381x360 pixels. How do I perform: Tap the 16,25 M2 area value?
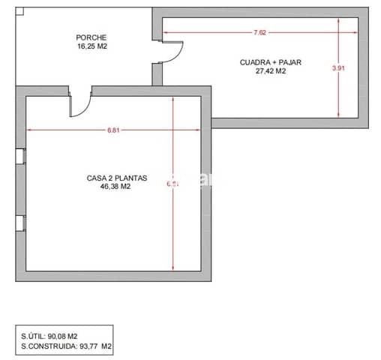91,46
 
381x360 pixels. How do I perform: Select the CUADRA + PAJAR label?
271,63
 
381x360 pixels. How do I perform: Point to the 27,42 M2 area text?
271,72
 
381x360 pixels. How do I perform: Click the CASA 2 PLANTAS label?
117,178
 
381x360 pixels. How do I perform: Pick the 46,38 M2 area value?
115,187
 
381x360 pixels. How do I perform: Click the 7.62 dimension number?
260,32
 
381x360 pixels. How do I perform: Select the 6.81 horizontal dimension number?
112,130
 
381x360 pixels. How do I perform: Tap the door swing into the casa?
79,104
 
